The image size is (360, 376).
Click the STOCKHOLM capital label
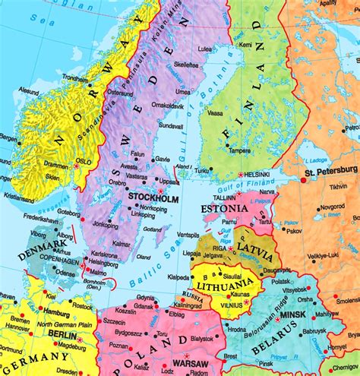click(x=153, y=199)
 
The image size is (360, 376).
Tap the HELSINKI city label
click(x=261, y=173)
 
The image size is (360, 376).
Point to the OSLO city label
click(x=84, y=161)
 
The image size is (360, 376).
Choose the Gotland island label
click(x=153, y=228)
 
